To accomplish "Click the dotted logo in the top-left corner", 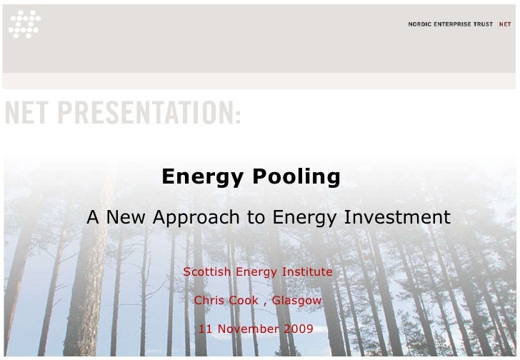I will tap(24, 24).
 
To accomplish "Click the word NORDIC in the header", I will tap(421, 24).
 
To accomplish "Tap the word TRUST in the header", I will tap(485, 24).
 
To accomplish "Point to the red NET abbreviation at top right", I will tap(505, 24).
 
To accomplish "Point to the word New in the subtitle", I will tap(128, 217).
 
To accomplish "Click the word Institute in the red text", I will tap(309, 272).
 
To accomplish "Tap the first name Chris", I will tap(209, 301).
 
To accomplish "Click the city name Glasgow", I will tap(296, 301).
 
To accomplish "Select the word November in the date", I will tap(248, 329).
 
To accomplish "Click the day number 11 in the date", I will tap(205, 329).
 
